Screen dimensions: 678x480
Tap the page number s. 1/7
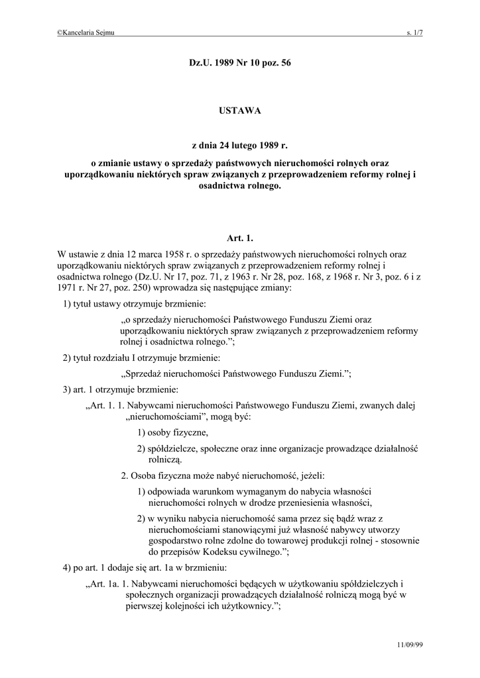click(414, 32)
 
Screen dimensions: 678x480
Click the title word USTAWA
click(240, 111)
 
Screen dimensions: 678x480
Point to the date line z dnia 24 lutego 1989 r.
click(240, 144)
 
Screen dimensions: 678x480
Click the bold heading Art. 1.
click(240, 237)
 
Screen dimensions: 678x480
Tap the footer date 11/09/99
click(410, 644)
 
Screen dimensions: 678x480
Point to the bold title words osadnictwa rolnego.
click(240, 186)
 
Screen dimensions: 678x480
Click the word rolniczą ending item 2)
click(165, 460)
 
